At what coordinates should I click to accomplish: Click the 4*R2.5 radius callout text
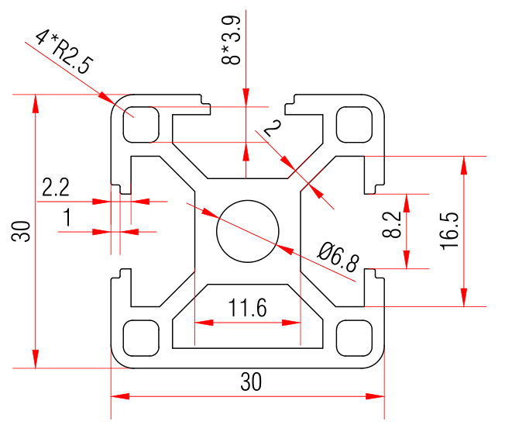coord(64,51)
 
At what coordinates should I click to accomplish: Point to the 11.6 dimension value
coord(248,309)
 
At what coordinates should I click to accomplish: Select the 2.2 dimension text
coord(56,187)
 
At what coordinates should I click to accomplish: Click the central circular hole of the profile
coord(248,231)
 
